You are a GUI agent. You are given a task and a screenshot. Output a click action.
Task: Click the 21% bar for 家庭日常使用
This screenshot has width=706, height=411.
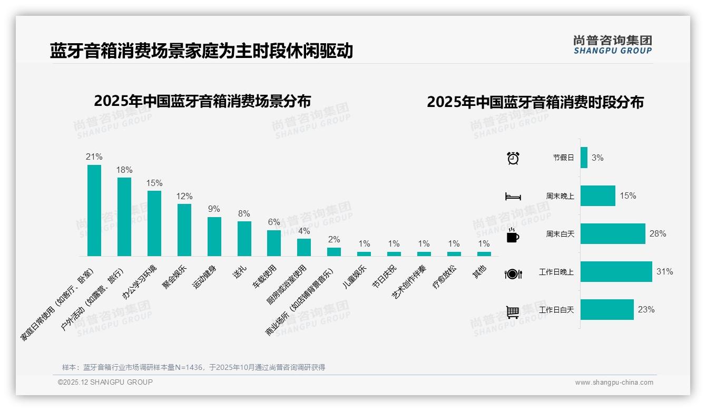click(94, 211)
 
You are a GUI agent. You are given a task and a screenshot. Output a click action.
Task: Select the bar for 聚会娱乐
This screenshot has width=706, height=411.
click(184, 230)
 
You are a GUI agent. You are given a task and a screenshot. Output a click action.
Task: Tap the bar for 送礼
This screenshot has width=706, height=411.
click(244, 239)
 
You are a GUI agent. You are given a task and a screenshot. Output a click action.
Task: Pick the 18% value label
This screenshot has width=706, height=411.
click(124, 170)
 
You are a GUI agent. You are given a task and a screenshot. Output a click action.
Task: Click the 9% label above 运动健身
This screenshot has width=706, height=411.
click(214, 209)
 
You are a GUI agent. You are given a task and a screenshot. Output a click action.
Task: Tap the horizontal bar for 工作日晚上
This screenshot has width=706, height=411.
click(616, 272)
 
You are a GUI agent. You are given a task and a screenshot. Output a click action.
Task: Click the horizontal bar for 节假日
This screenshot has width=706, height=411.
click(584, 158)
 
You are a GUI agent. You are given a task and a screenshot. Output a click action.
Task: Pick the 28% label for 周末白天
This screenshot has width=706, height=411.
click(658, 233)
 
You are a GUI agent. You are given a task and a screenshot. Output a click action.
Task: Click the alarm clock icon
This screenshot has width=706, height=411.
click(513, 158)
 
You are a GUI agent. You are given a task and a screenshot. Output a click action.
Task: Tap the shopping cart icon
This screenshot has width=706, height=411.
click(513, 312)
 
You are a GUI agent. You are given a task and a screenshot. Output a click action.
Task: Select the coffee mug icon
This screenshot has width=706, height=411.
click(513, 235)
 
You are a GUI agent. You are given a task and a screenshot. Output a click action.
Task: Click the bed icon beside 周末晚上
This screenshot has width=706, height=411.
click(513, 197)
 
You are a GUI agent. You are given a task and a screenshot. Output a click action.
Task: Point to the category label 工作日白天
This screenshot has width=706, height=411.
click(556, 310)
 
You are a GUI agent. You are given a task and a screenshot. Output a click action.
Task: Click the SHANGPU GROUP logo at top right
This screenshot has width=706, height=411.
click(612, 44)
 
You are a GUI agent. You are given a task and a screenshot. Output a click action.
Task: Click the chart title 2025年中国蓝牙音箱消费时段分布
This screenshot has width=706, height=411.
click(535, 102)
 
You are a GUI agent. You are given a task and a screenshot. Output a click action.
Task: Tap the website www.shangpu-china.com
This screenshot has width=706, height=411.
click(614, 383)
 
